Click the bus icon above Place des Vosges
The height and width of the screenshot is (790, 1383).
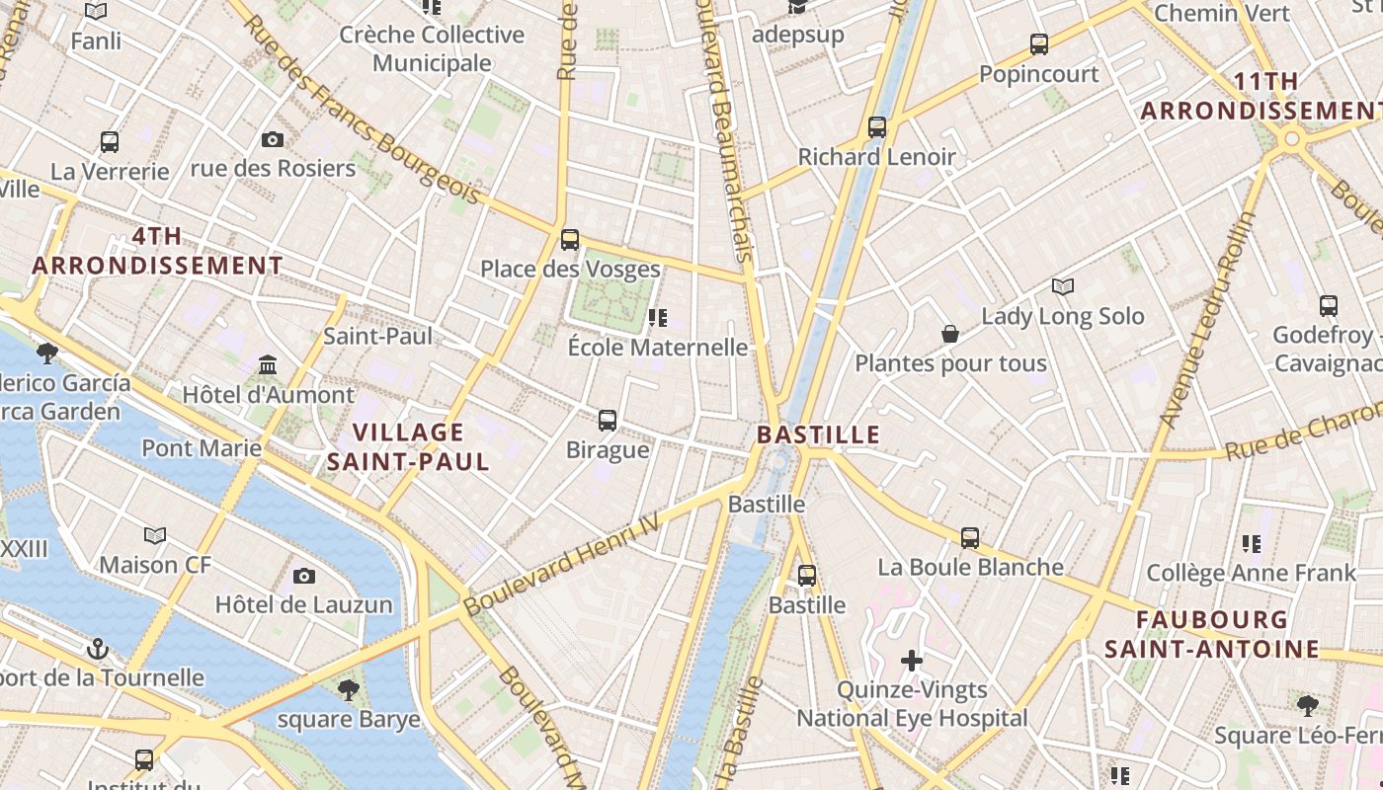[x=570, y=239]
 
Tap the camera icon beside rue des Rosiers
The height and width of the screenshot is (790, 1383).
[x=273, y=140]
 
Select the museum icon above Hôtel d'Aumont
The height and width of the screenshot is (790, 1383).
[x=268, y=366]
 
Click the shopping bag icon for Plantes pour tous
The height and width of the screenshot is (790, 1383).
[x=950, y=334]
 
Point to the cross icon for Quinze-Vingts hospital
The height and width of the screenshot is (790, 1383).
[x=912, y=660]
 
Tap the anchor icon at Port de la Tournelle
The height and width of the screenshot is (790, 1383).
[x=97, y=649]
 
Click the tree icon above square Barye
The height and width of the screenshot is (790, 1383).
[x=348, y=689]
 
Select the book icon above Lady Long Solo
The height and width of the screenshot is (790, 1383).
[x=1063, y=287]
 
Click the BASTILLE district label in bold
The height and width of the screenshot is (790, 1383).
[x=818, y=434]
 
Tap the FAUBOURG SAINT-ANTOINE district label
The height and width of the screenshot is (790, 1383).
[x=1212, y=634]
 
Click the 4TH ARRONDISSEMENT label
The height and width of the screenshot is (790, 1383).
[x=158, y=251]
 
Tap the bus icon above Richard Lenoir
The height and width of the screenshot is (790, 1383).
[x=877, y=127]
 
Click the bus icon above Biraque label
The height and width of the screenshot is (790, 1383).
[x=608, y=421]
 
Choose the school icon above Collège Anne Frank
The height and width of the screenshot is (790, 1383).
[x=1252, y=543]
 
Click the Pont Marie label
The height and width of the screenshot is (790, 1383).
[x=202, y=448]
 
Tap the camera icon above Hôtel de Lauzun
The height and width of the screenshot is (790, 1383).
[x=304, y=576]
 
